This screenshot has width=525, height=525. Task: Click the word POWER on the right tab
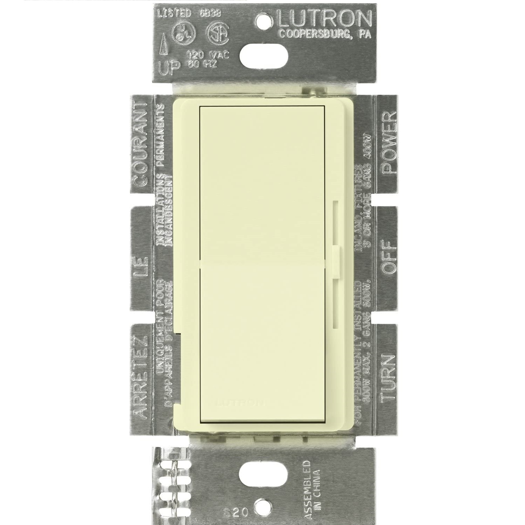389,142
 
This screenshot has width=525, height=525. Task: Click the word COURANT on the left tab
141,144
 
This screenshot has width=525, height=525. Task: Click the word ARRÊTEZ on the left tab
141,377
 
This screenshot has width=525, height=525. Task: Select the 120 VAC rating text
209,55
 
